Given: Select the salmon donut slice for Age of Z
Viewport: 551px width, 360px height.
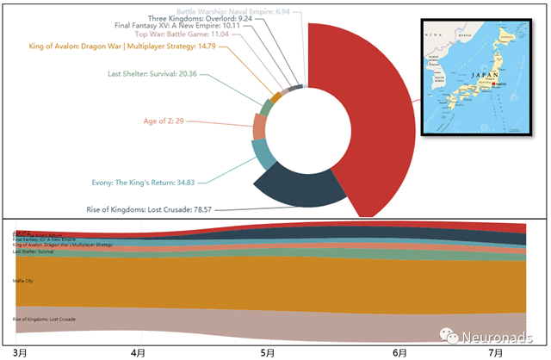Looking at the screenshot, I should tap(259, 127).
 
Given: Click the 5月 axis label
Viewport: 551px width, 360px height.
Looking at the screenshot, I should tap(268, 352).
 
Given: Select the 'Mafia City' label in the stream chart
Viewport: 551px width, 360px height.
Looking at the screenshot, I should tap(23, 281).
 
